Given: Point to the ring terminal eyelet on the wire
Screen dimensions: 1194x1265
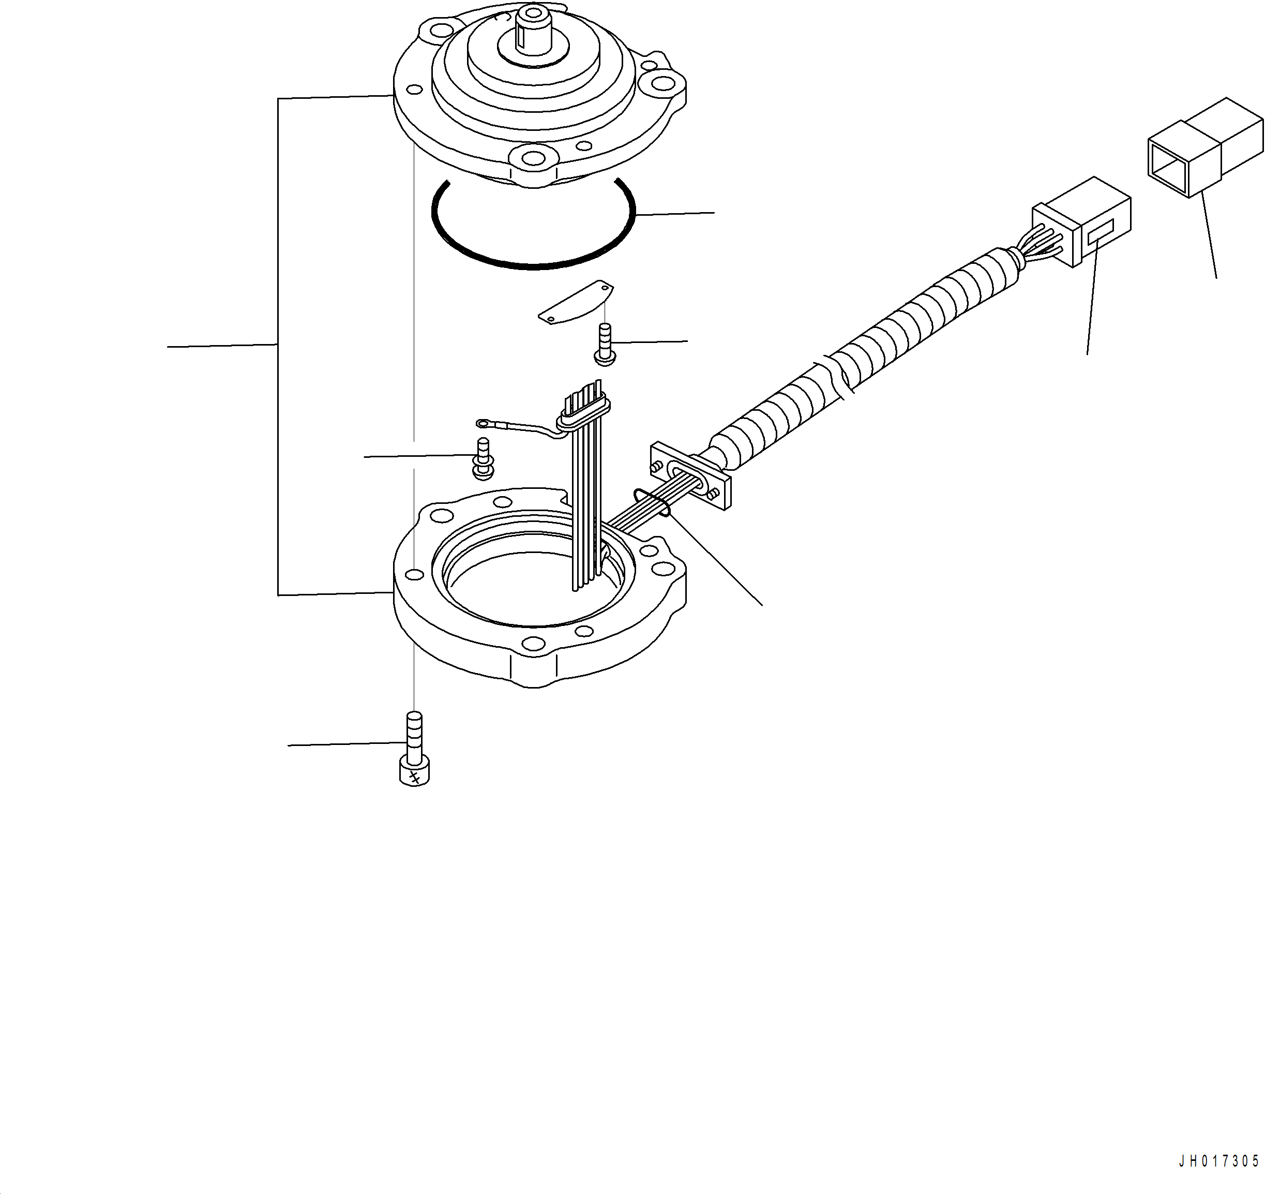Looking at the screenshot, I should click(x=483, y=423).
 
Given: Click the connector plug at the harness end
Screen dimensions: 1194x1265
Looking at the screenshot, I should click(x=1082, y=223).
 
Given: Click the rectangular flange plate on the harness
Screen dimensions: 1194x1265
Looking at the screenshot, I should click(x=690, y=476).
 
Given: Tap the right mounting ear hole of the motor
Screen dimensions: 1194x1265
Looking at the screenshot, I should click(x=663, y=83).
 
